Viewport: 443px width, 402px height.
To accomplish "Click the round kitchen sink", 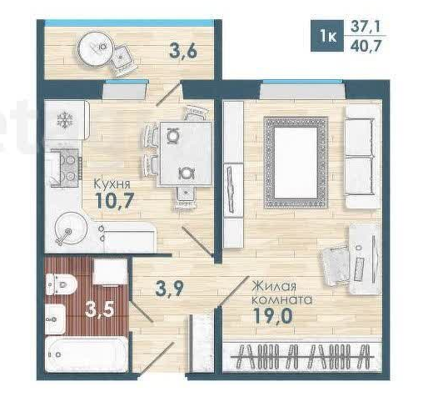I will click(x=67, y=230).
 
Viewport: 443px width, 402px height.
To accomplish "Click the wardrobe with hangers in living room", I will click(x=302, y=357).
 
